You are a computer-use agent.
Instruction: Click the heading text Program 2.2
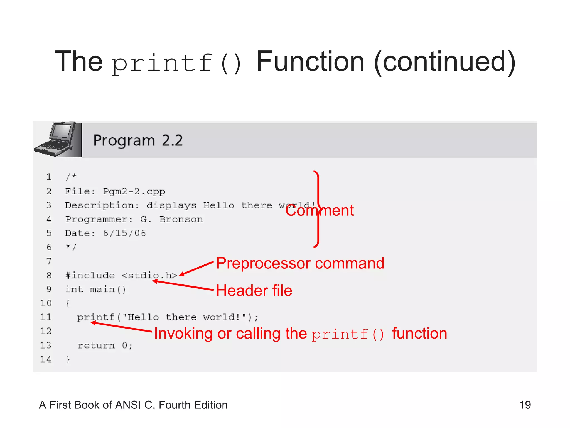click(138, 140)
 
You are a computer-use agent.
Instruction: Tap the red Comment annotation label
click(320, 210)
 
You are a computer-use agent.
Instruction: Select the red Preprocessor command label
click(300, 263)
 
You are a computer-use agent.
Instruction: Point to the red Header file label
click(254, 290)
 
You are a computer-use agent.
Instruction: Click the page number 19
click(525, 405)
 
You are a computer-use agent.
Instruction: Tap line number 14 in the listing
click(46, 359)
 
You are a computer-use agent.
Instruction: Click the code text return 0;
click(105, 346)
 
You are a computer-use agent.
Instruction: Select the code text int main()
click(95, 290)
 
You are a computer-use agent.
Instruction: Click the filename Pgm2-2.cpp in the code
click(134, 191)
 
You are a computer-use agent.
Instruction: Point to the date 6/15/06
click(124, 233)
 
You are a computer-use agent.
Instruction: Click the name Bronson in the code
click(181, 219)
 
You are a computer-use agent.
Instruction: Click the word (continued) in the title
click(445, 62)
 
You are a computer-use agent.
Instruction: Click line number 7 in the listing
click(49, 261)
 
